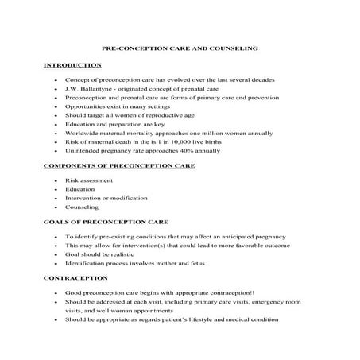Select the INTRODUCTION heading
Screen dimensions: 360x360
pyautogui.click(x=72, y=65)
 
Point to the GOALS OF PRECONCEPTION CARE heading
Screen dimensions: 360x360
pyautogui.click(x=105, y=220)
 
